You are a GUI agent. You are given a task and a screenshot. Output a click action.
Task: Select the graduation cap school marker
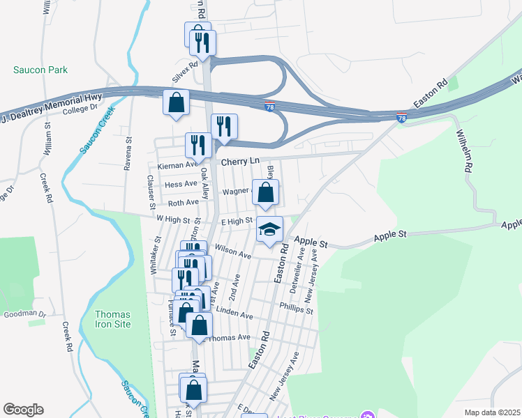pyautogui.click(x=269, y=229)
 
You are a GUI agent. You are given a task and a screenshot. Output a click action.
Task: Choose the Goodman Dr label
pyautogui.click(x=24, y=314)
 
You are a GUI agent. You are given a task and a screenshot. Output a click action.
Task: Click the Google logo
pyautogui.click(x=23, y=410)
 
